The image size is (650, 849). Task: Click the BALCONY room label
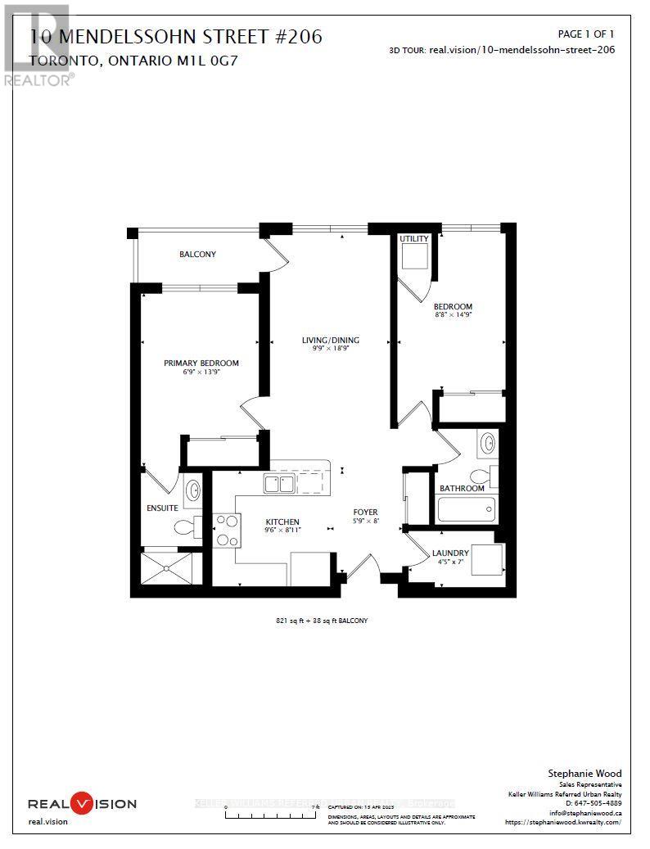197,255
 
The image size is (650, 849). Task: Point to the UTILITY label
413,239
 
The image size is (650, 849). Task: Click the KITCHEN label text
282,522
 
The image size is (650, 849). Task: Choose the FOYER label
365,513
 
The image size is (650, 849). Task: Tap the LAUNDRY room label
450,553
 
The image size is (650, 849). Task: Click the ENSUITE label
160,507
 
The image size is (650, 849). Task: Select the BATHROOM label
462,488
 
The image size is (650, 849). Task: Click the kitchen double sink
279,485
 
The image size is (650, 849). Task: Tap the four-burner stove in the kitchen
225,530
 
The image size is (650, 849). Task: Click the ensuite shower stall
170,567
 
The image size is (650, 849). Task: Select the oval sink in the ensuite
193,490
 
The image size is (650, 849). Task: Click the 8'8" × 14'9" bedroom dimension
453,314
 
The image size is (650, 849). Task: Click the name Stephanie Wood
584,774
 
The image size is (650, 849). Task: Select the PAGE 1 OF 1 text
585,34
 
